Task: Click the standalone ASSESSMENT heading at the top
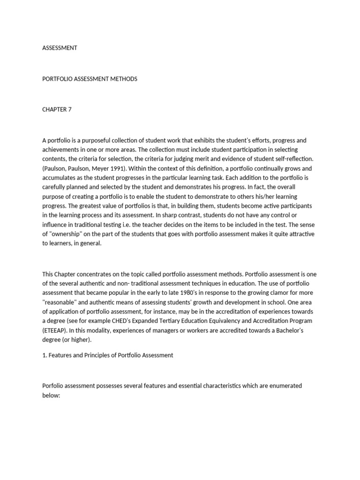pyautogui.click(x=60, y=48)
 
